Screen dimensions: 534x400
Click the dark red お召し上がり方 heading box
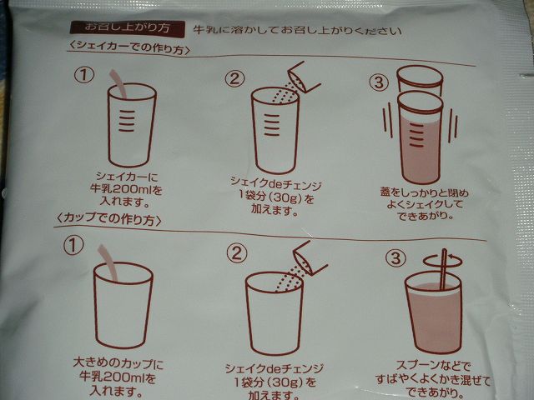tap(128, 27)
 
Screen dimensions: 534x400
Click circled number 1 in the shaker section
tap(83, 75)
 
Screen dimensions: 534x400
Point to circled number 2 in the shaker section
tap(234, 79)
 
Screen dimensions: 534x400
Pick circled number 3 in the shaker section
tap(379, 82)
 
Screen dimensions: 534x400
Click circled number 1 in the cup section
tap(73, 246)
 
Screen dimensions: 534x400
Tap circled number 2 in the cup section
tap(237, 253)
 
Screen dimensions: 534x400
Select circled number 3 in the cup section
tap(395, 258)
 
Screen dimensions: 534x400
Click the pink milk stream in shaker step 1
tap(118, 84)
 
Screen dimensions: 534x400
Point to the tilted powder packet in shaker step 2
tap(304, 77)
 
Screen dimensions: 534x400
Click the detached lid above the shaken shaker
tap(421, 81)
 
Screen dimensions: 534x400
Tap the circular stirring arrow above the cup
tap(443, 261)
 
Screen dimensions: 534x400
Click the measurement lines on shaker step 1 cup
tap(126, 121)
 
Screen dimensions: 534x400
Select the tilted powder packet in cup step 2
tap(310, 258)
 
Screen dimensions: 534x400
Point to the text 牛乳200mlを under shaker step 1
tap(126, 189)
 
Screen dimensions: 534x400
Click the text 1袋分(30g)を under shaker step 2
tap(275, 197)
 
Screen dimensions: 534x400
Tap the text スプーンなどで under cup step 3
tap(433, 366)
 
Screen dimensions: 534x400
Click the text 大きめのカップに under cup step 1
tap(118, 363)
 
